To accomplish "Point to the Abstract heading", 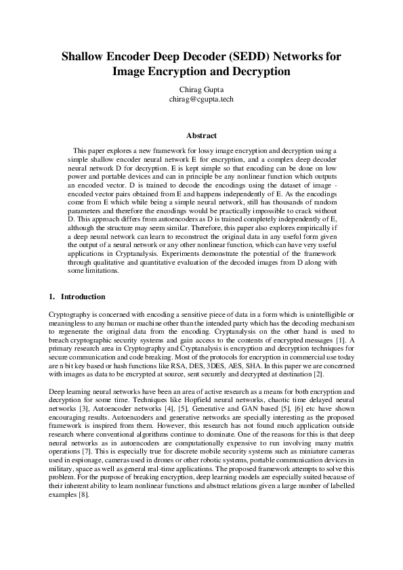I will point(201,135).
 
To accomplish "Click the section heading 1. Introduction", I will point(77,297).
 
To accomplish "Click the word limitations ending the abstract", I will point(99,271).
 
